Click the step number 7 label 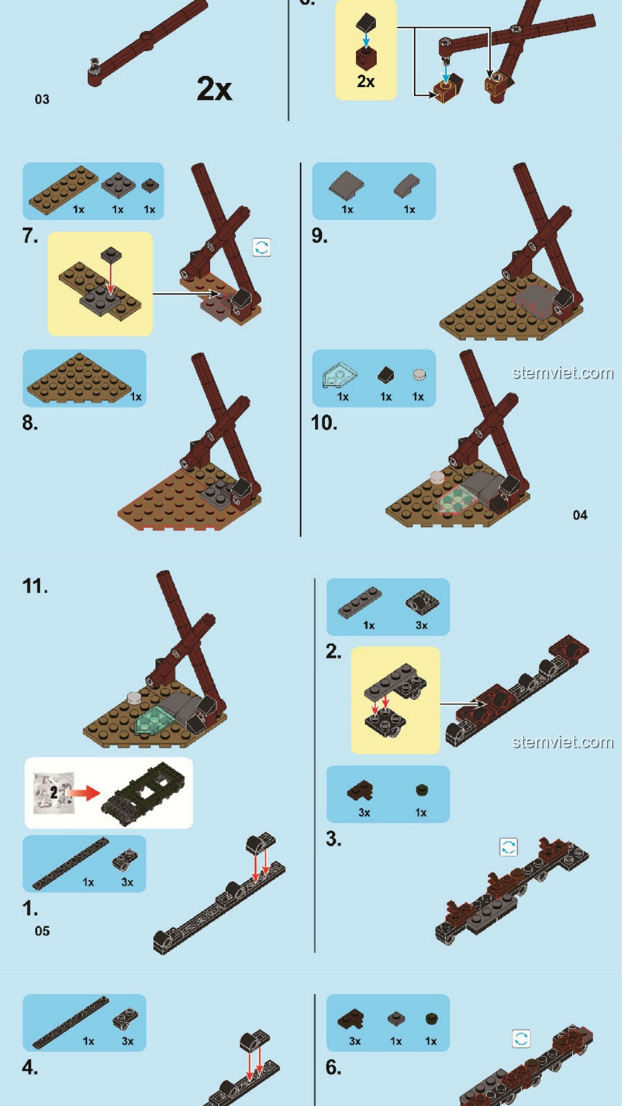click(x=30, y=236)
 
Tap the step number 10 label click(x=324, y=423)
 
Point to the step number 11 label click(x=35, y=586)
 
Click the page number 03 click(x=42, y=99)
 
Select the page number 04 click(x=580, y=515)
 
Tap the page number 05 click(x=42, y=931)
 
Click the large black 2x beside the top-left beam click(x=214, y=89)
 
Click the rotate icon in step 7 click(x=261, y=248)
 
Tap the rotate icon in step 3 click(x=508, y=847)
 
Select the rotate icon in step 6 click(x=521, y=1039)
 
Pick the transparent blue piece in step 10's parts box click(x=339, y=375)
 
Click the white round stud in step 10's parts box click(x=419, y=375)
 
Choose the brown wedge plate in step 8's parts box click(x=79, y=378)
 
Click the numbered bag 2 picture click(x=54, y=793)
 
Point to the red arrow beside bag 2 click(x=85, y=793)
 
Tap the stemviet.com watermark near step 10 click(x=563, y=373)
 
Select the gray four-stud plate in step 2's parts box click(x=359, y=603)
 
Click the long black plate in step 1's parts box click(x=70, y=864)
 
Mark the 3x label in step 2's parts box click(x=422, y=625)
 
